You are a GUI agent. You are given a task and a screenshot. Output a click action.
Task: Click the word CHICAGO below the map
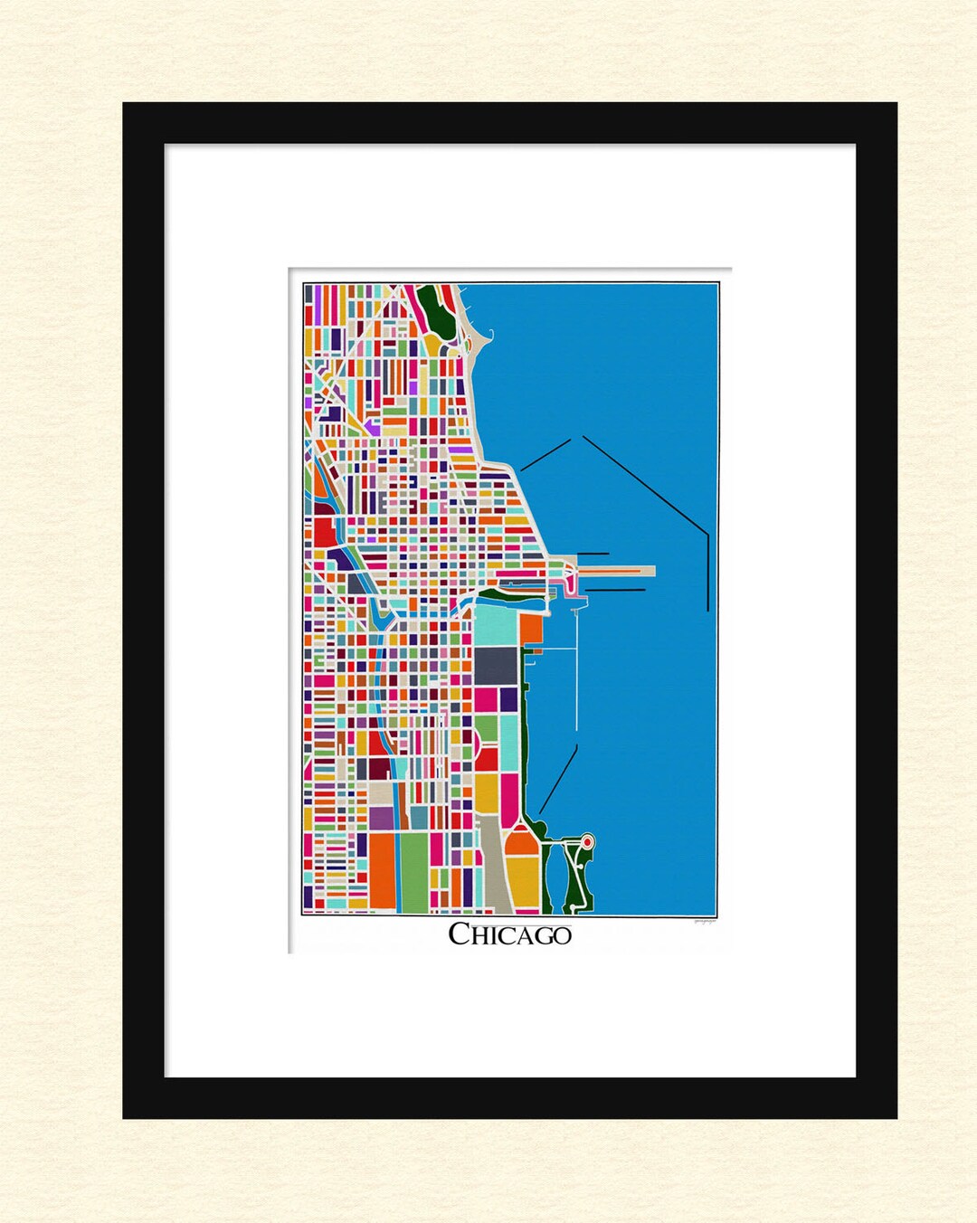click(509, 934)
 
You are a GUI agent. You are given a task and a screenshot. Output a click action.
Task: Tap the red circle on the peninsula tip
click(586, 842)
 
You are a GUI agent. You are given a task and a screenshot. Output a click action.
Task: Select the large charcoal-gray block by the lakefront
click(495, 665)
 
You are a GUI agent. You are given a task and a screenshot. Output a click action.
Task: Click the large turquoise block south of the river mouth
click(495, 623)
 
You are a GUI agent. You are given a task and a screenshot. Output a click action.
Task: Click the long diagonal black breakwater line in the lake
click(644, 484)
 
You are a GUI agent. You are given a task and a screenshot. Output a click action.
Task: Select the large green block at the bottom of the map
click(413, 872)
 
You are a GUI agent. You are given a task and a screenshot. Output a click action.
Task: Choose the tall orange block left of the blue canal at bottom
click(382, 872)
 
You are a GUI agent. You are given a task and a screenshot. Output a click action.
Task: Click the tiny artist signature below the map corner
click(705, 922)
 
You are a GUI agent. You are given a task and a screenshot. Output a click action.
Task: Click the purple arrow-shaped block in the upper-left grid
click(372, 422)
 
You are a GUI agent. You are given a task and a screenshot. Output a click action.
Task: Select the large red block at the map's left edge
click(324, 531)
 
